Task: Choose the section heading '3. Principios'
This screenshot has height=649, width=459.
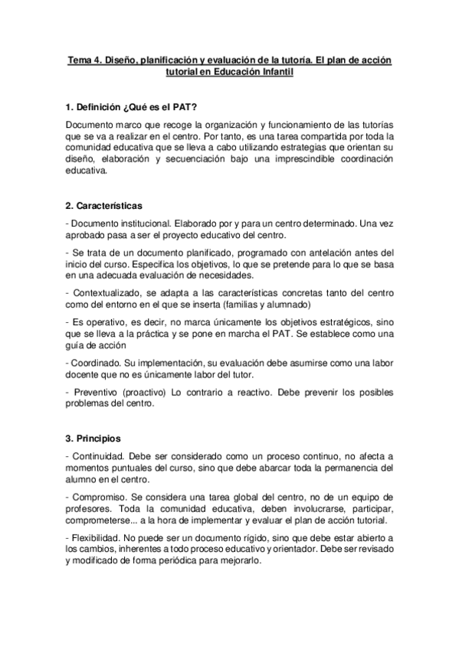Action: (93, 439)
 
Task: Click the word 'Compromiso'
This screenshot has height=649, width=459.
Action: (99, 497)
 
